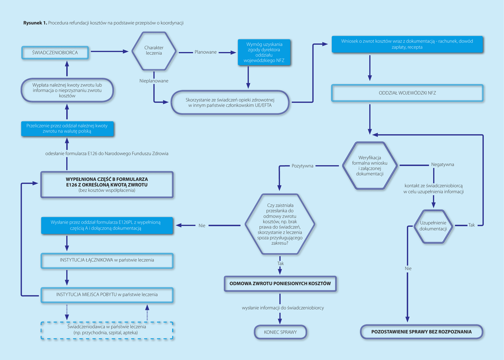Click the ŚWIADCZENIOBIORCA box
tap(55, 52)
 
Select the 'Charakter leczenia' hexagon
tap(154, 51)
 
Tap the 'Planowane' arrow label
tap(205, 52)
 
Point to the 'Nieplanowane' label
tap(154, 81)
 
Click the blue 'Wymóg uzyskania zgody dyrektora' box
tap(264, 52)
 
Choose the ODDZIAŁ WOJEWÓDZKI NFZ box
tap(407, 93)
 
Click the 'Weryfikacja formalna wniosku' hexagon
tap(370, 165)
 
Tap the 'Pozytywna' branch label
tap(302, 165)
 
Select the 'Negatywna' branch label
tap(442, 164)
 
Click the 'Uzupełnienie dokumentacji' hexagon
tap(433, 226)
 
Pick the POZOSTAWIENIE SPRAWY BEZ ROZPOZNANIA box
tap(421, 331)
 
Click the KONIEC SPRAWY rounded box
tap(280, 332)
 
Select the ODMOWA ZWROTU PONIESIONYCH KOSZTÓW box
tap(280, 284)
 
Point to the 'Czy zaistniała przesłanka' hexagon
tap(280, 225)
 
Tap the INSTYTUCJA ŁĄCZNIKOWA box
tap(107, 261)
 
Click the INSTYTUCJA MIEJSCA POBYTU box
tap(107, 295)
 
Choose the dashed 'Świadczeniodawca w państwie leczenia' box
tap(107, 330)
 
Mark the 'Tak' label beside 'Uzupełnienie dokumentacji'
tap(471, 225)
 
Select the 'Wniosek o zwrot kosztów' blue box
tap(407, 44)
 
